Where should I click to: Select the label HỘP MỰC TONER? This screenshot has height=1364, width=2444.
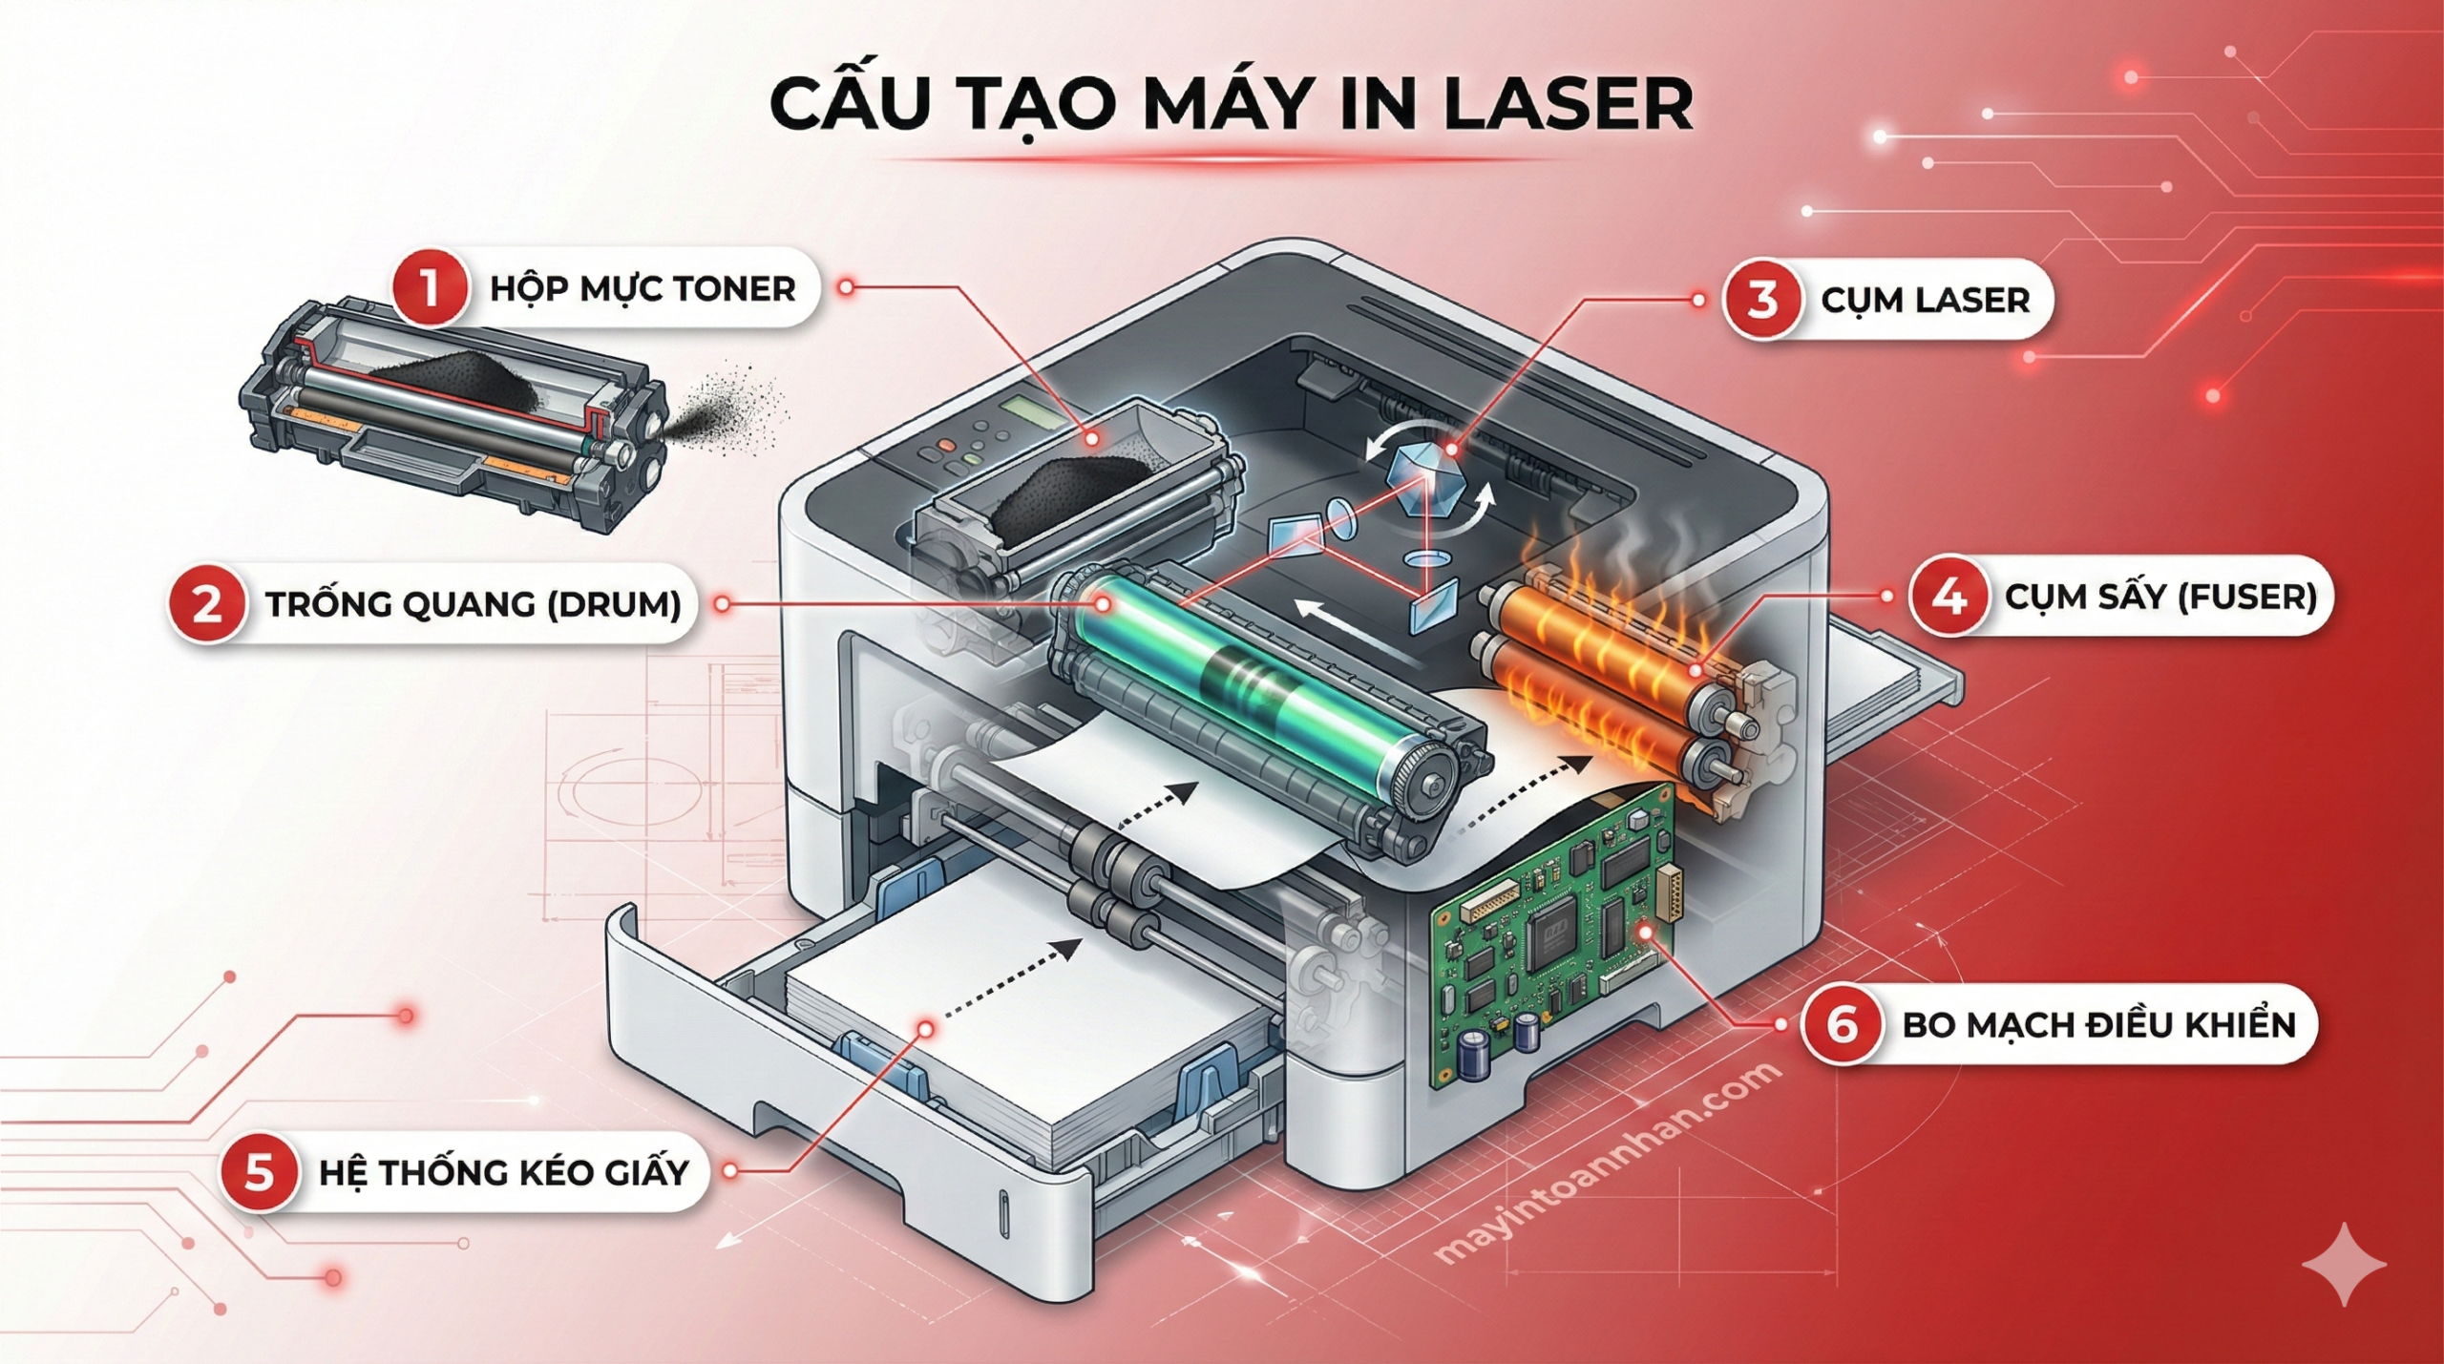642,288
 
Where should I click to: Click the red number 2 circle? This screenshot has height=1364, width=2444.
206,605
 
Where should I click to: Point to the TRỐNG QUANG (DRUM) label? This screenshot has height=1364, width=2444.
474,605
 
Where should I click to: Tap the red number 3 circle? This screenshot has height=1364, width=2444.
1761,301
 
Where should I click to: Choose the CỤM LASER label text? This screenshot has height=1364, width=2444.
1925,301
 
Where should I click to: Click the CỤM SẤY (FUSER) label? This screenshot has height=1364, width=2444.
2160,598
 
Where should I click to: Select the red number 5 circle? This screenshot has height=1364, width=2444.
259,1172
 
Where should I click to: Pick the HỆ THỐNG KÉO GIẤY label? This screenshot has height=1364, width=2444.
503,1172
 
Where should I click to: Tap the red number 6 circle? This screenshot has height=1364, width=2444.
1842,1025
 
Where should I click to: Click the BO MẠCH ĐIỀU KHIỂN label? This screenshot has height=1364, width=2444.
2097,1025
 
